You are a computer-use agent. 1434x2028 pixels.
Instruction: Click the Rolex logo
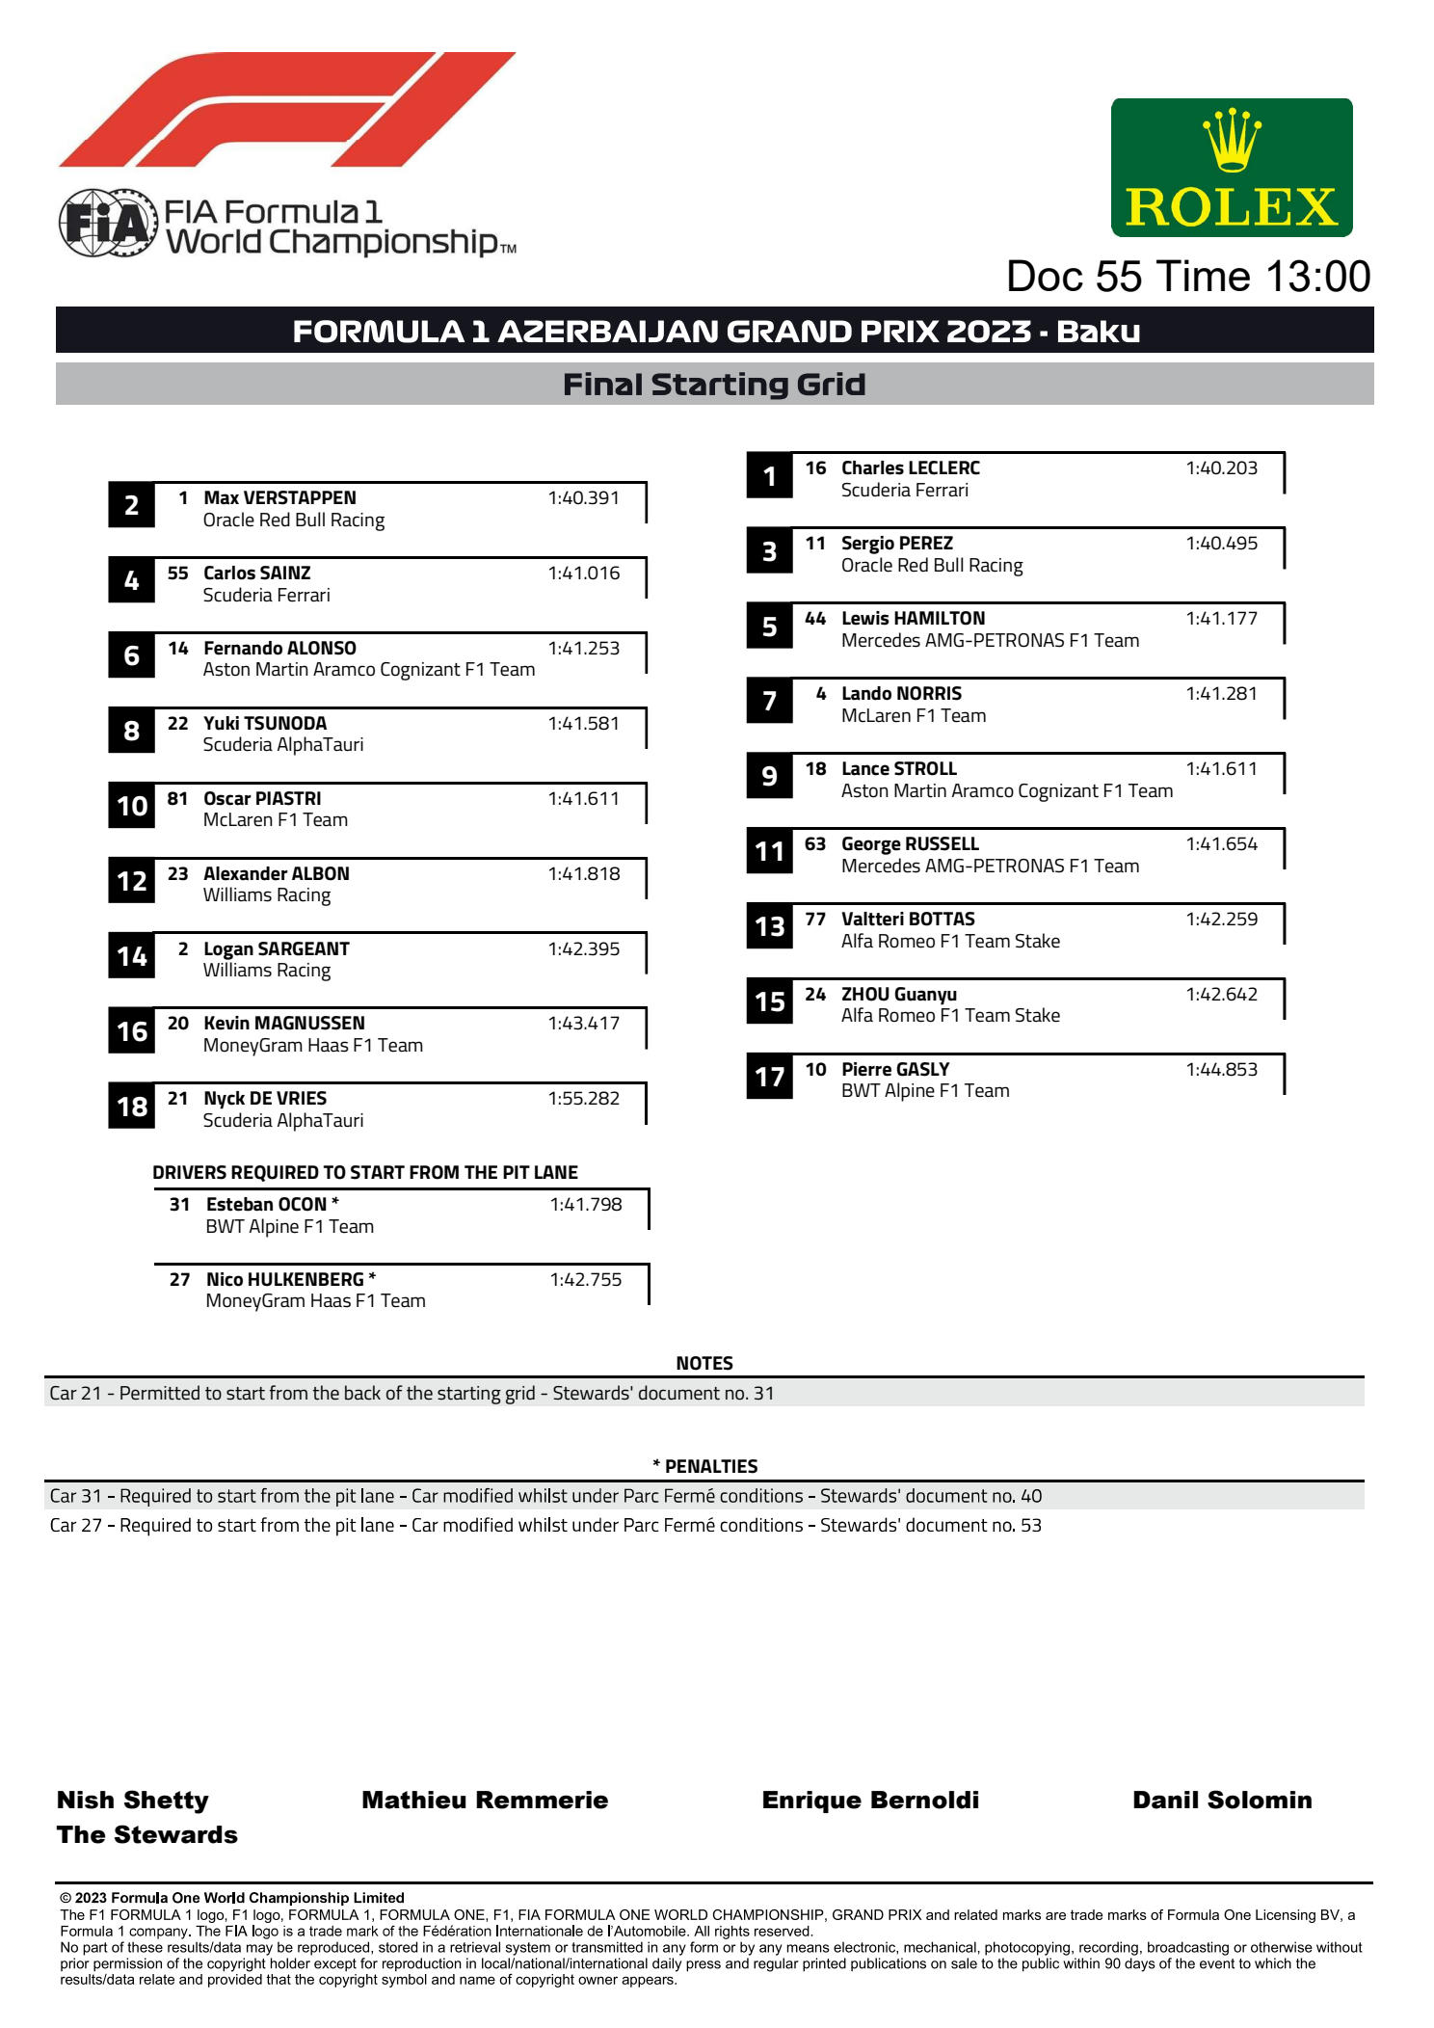(1231, 168)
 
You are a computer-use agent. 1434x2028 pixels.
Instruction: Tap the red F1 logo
(287, 109)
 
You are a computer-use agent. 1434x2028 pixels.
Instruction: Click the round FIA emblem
(107, 224)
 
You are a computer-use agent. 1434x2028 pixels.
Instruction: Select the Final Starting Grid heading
(714, 385)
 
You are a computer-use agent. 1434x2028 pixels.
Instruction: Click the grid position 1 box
(769, 476)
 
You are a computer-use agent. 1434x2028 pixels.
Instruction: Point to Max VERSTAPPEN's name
(279, 498)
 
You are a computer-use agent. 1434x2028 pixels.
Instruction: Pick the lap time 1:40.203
(1221, 468)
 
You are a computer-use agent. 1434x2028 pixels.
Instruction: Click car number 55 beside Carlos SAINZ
(178, 574)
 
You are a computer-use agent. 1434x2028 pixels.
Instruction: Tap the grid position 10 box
(132, 806)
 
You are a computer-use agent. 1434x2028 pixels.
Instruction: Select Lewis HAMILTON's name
(913, 619)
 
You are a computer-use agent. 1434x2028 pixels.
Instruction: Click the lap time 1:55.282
(583, 1099)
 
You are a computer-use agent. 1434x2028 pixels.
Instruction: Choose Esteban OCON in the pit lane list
(267, 1205)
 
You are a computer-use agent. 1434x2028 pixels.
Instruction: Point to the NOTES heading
(704, 1363)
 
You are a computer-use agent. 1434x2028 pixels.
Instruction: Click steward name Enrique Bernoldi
(870, 1801)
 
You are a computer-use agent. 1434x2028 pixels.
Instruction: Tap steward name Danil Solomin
(1222, 1801)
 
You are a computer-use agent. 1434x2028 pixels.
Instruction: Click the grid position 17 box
(769, 1077)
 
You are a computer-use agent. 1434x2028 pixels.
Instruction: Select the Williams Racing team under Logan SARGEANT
(267, 971)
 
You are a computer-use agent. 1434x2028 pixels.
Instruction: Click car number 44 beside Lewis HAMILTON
(815, 619)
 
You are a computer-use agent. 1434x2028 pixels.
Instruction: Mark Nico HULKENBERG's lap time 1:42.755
(585, 1280)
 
